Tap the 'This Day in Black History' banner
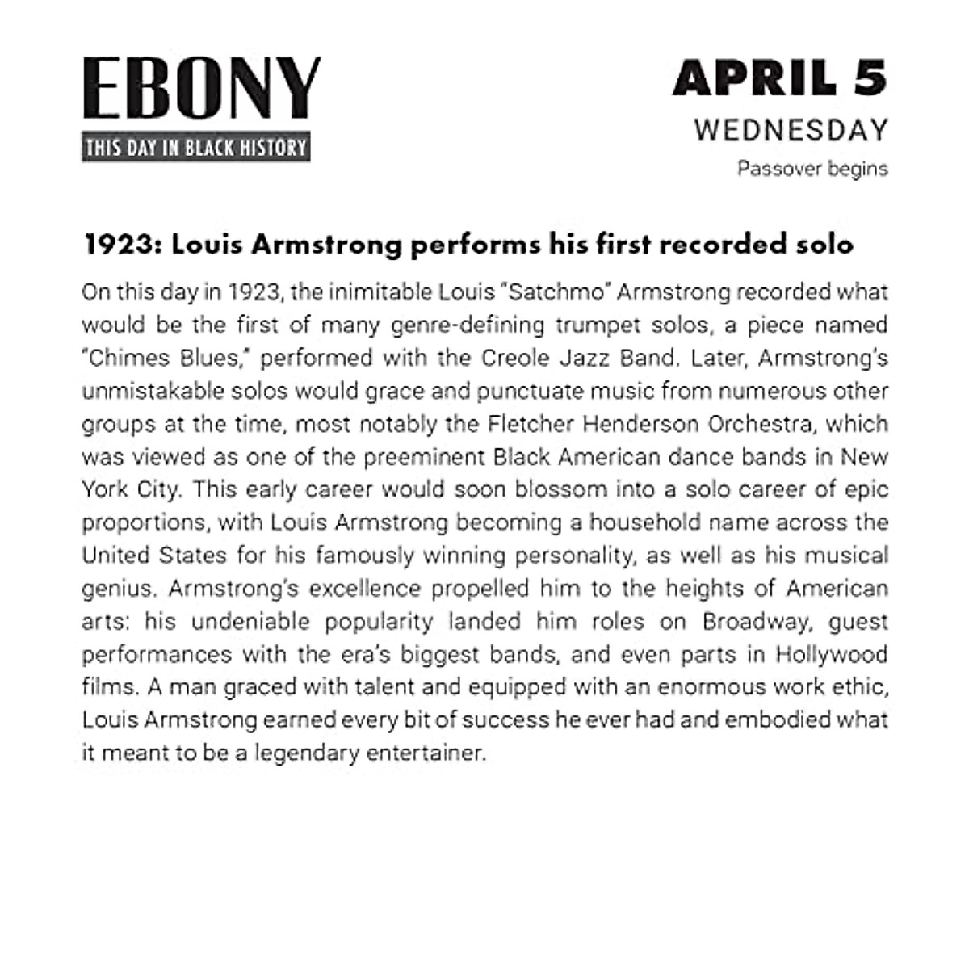click(x=196, y=148)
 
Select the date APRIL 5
click(x=780, y=78)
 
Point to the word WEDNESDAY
click(x=791, y=130)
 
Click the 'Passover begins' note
click(x=812, y=169)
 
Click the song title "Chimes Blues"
click(x=166, y=358)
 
